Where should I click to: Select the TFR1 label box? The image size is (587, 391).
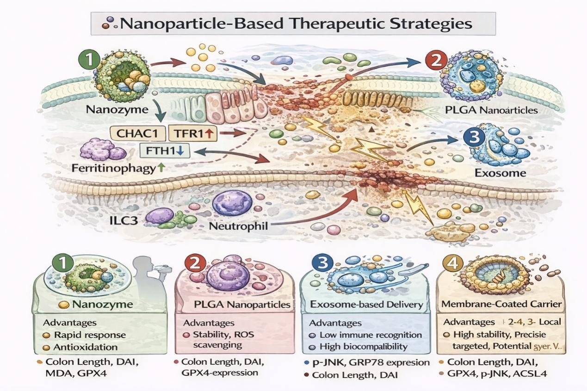192,134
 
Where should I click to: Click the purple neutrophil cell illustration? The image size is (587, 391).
233,204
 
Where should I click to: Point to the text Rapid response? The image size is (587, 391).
90,335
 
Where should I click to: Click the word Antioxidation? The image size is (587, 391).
86,347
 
